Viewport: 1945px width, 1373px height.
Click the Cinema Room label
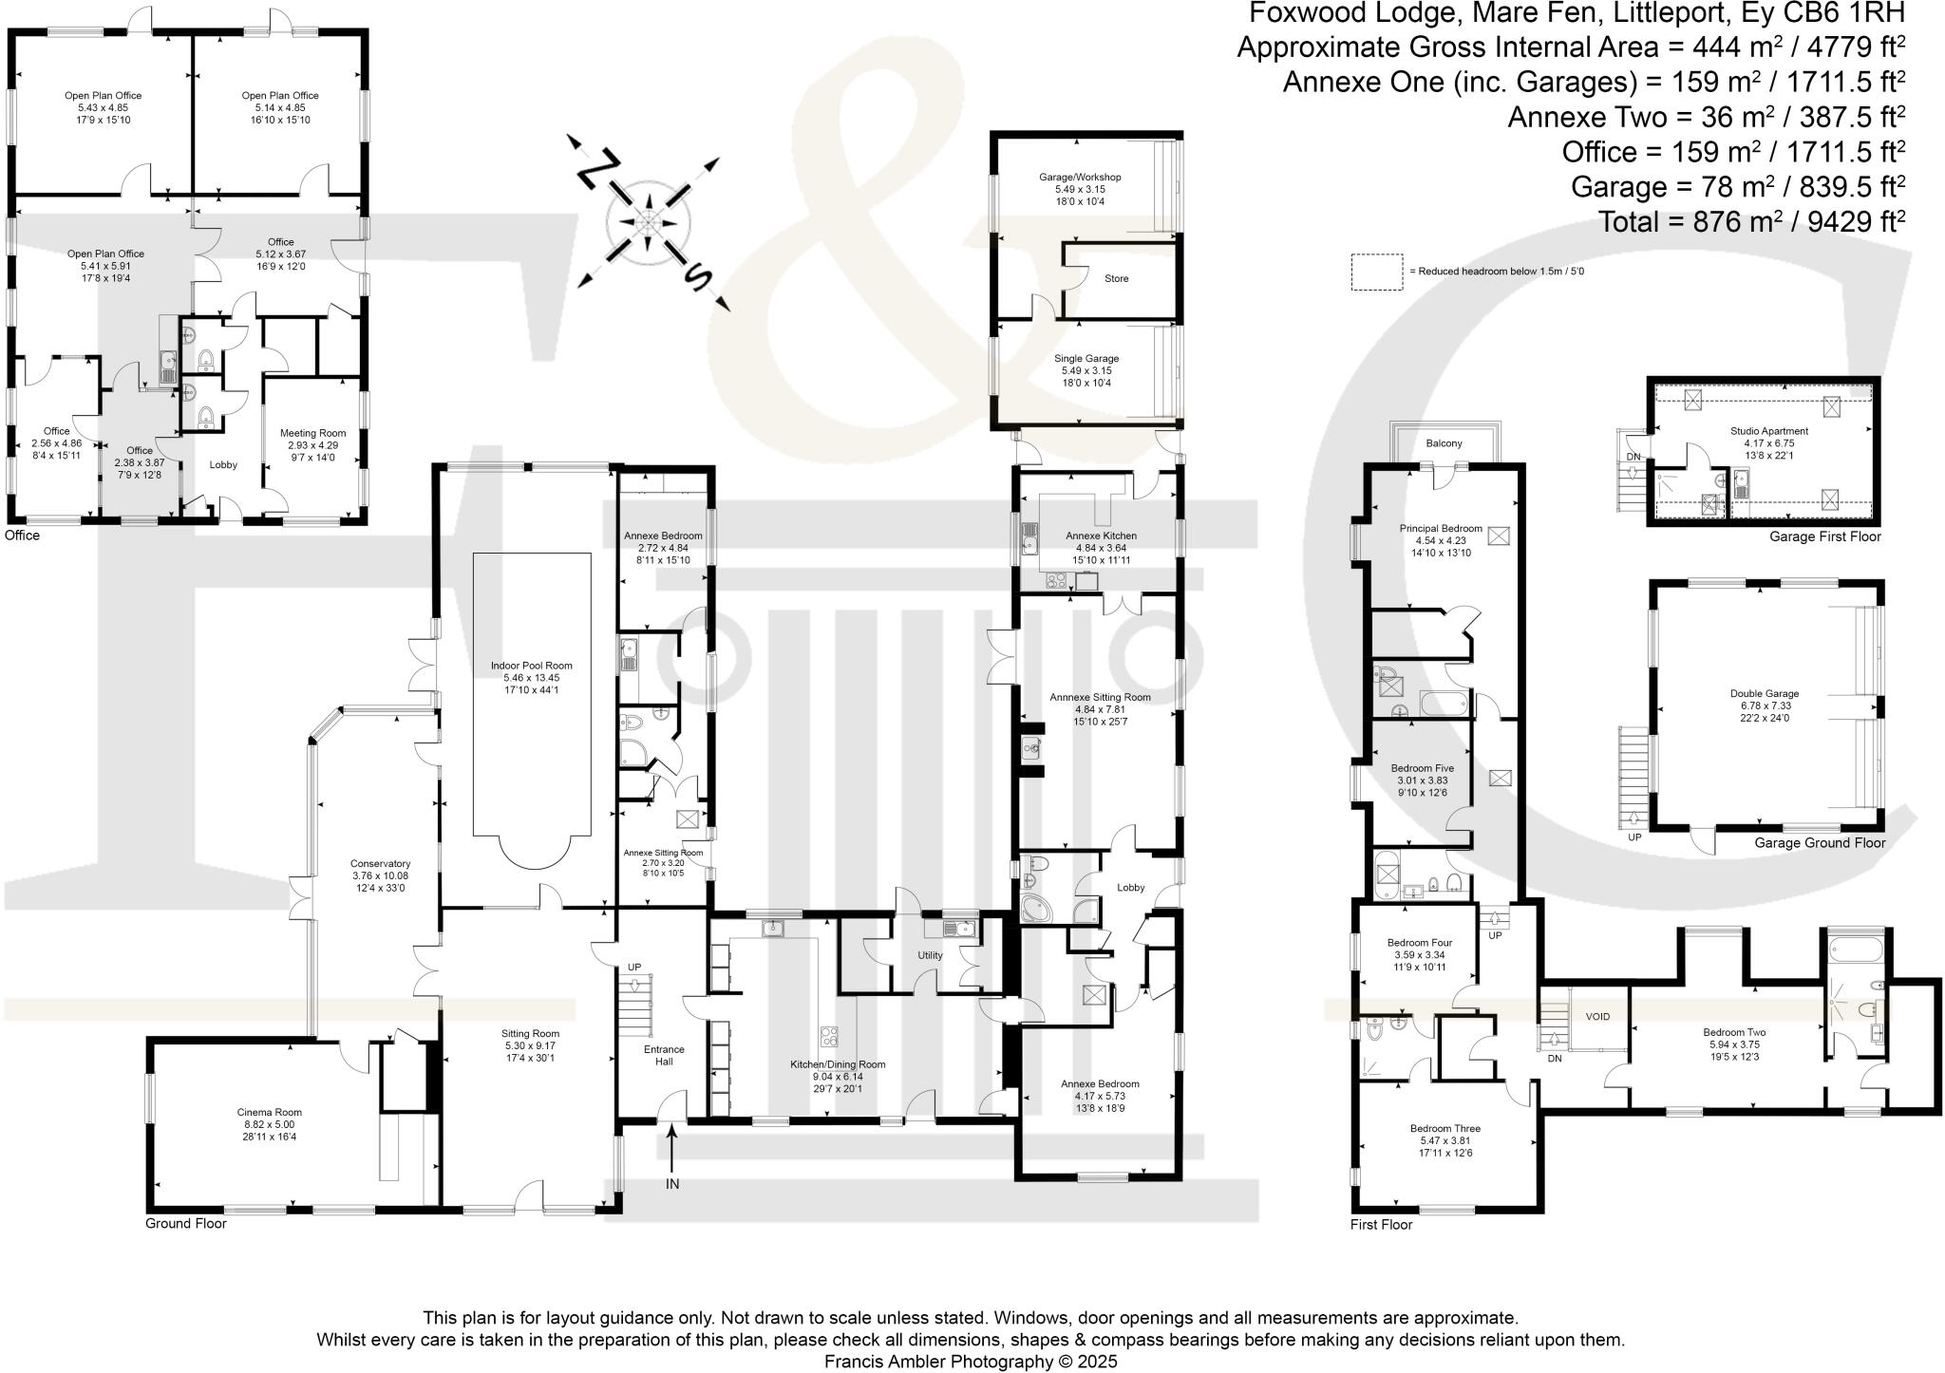(269, 1111)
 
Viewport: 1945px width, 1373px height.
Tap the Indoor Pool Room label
(532, 665)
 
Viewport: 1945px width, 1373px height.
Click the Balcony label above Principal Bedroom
(1444, 443)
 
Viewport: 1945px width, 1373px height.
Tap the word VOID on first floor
(1597, 1016)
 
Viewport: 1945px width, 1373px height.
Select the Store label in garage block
(1116, 278)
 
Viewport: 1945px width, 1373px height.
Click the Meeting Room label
(312, 433)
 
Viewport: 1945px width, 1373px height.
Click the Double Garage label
(1764, 693)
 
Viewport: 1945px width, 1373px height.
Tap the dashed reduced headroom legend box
(1376, 271)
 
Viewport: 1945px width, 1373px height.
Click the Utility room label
(930, 955)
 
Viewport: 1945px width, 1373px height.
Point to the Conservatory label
(380, 863)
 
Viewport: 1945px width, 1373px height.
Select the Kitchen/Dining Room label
(838, 1064)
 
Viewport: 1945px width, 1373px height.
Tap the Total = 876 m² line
(1752, 221)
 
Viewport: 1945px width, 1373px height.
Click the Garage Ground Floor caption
(1819, 842)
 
